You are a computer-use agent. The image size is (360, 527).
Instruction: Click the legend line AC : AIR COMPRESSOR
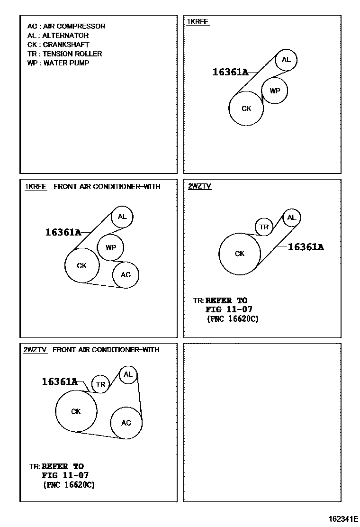(x=66, y=26)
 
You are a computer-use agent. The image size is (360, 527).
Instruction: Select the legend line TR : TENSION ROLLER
(x=64, y=54)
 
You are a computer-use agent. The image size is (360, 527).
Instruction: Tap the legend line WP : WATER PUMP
(x=58, y=63)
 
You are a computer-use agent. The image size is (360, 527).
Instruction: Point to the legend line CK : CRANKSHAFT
(x=58, y=45)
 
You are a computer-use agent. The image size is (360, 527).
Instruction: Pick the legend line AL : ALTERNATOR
(x=58, y=35)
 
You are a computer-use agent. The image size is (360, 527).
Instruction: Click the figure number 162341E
(x=343, y=518)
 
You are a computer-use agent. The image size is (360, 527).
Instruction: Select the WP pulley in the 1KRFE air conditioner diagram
(x=110, y=247)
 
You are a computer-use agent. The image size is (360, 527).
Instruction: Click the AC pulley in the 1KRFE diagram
(x=126, y=275)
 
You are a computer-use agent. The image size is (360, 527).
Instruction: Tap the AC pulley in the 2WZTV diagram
(x=126, y=423)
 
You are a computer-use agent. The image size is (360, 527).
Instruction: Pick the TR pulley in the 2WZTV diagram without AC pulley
(x=264, y=227)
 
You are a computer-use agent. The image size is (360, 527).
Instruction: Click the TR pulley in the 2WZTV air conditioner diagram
(x=100, y=384)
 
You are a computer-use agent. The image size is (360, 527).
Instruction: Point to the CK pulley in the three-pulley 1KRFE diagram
(x=246, y=109)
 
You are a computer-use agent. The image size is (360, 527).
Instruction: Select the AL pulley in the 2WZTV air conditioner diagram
(x=128, y=374)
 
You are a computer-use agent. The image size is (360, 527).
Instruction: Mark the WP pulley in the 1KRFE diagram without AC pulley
(x=275, y=91)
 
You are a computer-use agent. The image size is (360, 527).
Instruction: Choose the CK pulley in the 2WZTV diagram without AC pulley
(x=240, y=254)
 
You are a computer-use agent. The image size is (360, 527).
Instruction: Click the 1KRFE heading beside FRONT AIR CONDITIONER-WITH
(x=36, y=187)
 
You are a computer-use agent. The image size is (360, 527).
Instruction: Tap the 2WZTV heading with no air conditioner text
(x=200, y=186)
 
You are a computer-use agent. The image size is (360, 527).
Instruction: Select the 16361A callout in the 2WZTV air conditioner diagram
(x=60, y=382)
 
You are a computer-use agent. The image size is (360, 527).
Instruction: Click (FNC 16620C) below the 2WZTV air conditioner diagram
(x=69, y=485)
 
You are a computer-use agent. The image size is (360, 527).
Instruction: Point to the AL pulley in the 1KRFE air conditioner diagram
(x=122, y=217)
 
